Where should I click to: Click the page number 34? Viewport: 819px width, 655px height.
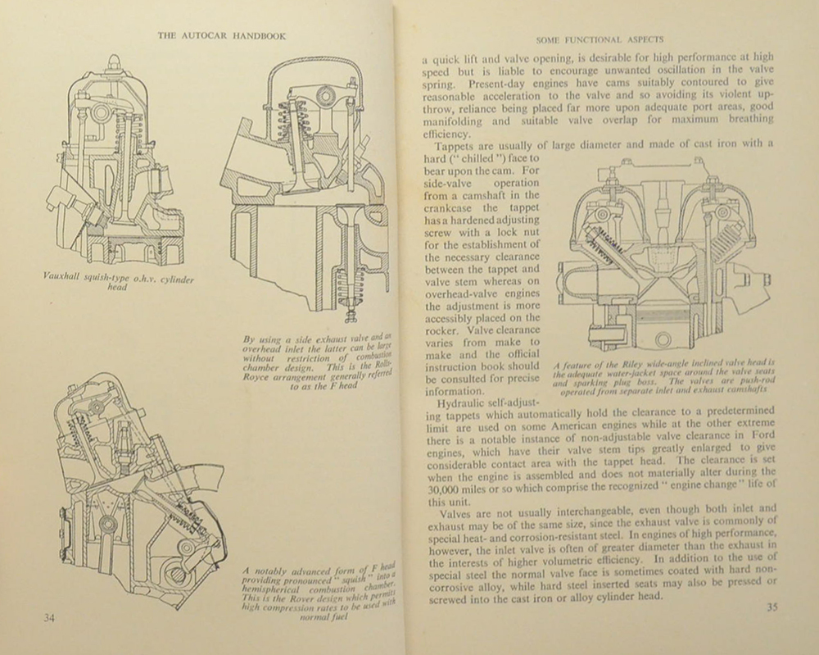point(49,617)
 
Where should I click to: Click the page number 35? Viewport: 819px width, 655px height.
point(771,607)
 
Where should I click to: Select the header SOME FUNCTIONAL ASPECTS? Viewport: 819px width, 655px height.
point(599,39)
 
